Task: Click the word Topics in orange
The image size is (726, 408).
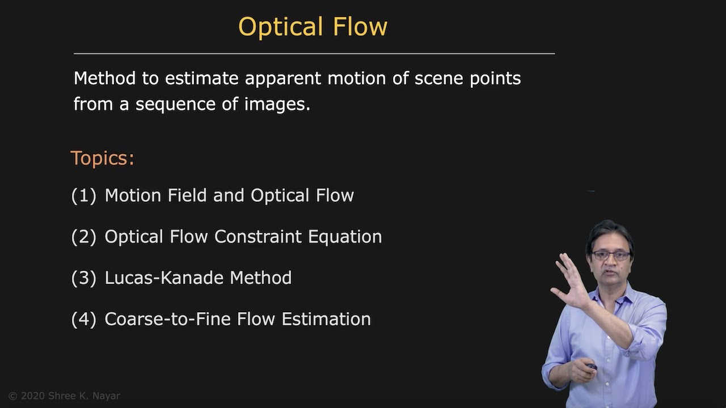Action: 102,158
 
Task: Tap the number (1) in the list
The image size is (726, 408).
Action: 83,195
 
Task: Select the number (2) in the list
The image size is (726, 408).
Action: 83,237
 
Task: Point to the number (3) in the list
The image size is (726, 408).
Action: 83,278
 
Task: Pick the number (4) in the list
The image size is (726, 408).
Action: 83,320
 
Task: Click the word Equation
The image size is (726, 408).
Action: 345,236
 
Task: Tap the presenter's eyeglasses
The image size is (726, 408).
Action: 610,256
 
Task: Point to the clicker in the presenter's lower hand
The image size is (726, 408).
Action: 592,367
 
